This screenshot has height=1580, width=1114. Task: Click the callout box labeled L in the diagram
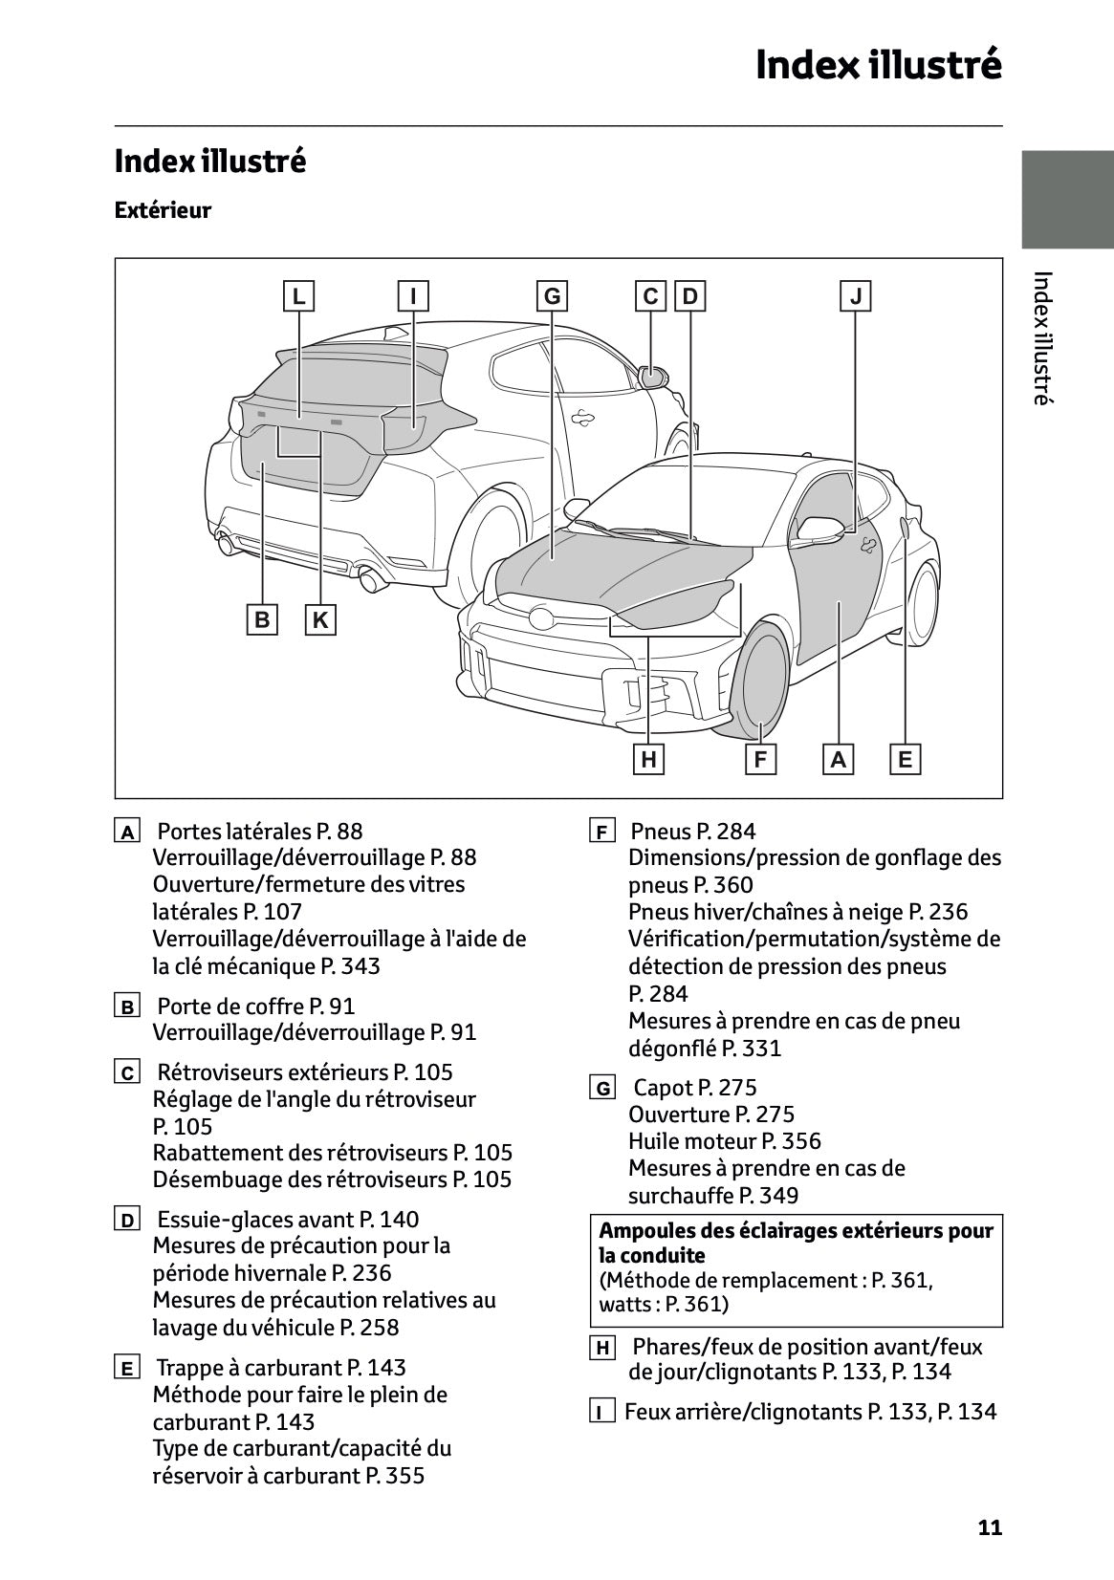pyautogui.click(x=299, y=296)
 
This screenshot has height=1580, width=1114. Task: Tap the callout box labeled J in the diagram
pyautogui.click(x=856, y=296)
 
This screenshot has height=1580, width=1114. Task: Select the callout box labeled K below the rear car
pyautogui.click(x=320, y=620)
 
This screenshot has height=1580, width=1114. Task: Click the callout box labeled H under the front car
pyautogui.click(x=649, y=760)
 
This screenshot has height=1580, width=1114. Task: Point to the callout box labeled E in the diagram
pyautogui.click(x=905, y=760)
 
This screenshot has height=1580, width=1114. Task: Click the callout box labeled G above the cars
pyautogui.click(x=552, y=296)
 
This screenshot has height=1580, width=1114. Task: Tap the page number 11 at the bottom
pyautogui.click(x=990, y=1527)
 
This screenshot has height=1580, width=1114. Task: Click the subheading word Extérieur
pyautogui.click(x=163, y=210)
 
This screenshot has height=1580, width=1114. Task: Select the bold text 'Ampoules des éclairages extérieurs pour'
pyautogui.click(x=796, y=1230)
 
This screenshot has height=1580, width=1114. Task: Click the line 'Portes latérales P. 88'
pyautogui.click(x=259, y=832)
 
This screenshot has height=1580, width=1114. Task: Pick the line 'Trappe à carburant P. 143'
pyautogui.click(x=280, y=1367)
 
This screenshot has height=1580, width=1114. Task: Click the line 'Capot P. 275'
pyautogui.click(x=694, y=1088)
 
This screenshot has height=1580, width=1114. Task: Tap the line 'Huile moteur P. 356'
pyautogui.click(x=724, y=1141)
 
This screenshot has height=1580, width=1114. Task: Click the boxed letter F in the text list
pyautogui.click(x=601, y=833)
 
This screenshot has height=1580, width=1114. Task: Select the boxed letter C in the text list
pyautogui.click(x=126, y=1073)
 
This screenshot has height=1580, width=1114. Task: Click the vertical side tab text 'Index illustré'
pyautogui.click(x=1043, y=338)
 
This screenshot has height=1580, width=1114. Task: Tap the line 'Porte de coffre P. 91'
pyautogui.click(x=255, y=1006)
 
